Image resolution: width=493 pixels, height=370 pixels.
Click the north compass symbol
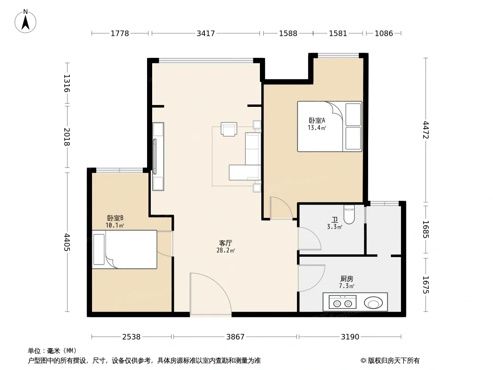tap(25, 21)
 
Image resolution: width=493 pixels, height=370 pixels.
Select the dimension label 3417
tap(206, 33)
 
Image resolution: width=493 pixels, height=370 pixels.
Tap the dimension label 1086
tap(383, 33)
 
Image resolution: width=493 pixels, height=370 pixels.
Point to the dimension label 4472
tap(426, 130)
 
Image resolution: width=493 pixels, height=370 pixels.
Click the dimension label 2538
tap(131, 337)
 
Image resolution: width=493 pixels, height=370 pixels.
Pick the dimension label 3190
tap(350, 337)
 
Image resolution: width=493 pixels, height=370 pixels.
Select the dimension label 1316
tap(66, 83)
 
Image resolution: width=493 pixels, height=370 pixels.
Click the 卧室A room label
tap(317, 120)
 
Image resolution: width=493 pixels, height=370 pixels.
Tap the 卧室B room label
tap(115, 218)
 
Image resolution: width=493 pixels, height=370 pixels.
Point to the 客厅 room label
tap(225, 243)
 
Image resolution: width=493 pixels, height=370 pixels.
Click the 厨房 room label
tap(346, 278)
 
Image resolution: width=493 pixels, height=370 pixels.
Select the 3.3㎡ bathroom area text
tap(334, 227)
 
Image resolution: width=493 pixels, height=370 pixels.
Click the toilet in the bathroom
tap(349, 214)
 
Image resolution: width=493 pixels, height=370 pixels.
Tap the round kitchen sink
tap(373, 303)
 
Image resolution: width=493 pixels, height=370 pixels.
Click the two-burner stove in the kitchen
tap(342, 302)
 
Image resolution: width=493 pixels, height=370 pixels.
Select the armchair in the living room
tap(228, 129)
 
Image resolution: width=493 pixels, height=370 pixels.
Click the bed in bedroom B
tap(124, 250)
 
